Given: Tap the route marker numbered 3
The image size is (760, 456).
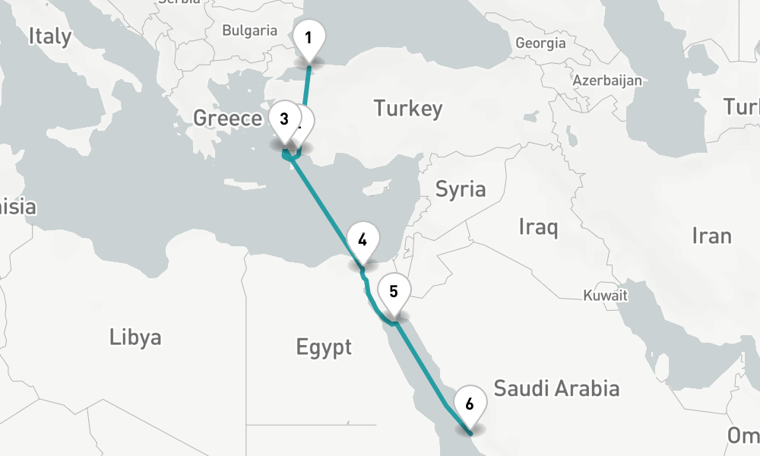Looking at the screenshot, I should (284, 119).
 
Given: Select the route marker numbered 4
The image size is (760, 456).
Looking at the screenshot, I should (363, 241).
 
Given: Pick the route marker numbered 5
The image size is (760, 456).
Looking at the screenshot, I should (394, 291).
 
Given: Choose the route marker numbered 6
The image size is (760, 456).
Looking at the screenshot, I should (470, 404).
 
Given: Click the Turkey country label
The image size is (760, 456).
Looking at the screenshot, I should (407, 109).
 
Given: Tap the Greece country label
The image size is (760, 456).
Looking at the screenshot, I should (227, 118).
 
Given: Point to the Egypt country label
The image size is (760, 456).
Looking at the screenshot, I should (324, 348).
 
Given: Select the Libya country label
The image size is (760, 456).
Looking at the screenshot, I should (135, 337).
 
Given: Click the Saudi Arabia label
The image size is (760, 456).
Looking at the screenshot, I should (556, 389).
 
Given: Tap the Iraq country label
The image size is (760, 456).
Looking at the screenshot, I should (538, 226).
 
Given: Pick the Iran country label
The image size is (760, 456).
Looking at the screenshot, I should (711, 236).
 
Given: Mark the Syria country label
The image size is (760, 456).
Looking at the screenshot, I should (460, 188).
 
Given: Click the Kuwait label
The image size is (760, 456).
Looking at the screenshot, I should (606, 296).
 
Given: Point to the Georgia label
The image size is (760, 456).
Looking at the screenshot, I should (540, 43).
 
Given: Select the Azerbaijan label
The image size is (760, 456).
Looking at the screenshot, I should (607, 80).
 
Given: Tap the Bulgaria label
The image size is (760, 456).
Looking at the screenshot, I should (250, 31).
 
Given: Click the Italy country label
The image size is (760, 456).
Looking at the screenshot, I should (50, 36).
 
